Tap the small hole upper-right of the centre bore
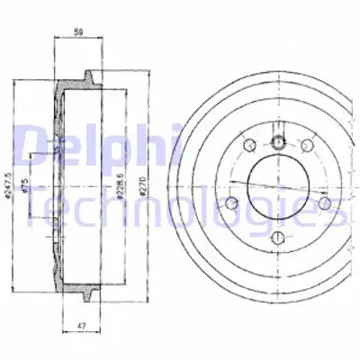tap(306, 146)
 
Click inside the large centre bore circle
tap(278, 186)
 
